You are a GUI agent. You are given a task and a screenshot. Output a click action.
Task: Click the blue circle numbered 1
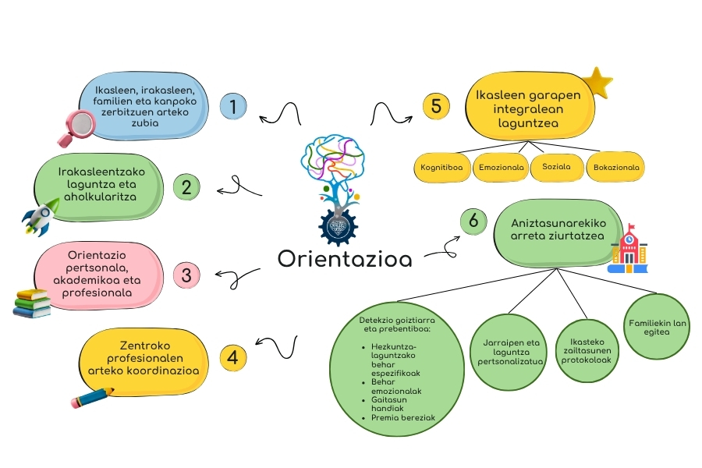tap(232, 106)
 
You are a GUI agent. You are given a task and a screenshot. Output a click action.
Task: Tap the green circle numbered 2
tap(186, 187)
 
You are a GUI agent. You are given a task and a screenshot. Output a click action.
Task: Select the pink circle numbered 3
tap(186, 275)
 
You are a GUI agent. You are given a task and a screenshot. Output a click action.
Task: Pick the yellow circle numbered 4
tap(232, 357)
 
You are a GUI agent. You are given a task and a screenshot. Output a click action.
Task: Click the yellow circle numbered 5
tap(436, 106)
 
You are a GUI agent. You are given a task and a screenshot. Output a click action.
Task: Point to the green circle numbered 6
tap(473, 221)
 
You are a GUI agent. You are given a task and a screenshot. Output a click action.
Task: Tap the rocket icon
tap(41, 216)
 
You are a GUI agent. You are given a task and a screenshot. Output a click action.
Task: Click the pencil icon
tap(93, 399)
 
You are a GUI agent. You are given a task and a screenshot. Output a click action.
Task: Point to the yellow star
tap(598, 82)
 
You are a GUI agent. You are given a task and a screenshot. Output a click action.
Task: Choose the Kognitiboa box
tap(442, 167)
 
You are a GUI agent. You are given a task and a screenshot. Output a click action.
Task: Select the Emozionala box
tap(500, 167)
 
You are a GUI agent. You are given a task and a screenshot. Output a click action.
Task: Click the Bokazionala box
tap(616, 167)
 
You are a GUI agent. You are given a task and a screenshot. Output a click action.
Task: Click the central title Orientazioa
tap(345, 258)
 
